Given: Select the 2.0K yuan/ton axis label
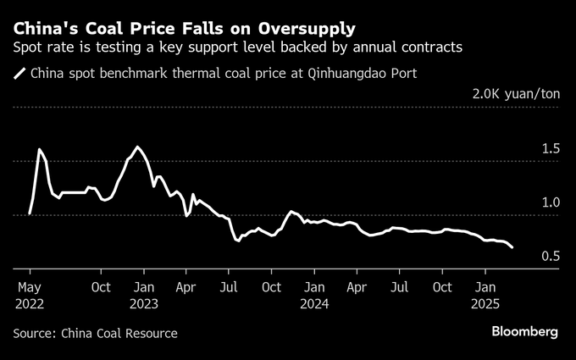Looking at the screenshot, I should click(515, 94).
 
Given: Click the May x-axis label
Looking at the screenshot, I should click(29, 286).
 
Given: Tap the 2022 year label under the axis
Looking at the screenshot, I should click(30, 302).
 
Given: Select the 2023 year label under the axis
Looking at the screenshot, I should click(144, 302).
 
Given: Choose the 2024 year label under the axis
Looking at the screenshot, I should click(315, 302).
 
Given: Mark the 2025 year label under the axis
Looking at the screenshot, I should click(486, 302).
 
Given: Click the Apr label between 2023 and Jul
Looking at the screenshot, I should click(186, 286).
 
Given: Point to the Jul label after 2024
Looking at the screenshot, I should click(398, 286).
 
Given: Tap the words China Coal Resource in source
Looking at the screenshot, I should click(119, 333).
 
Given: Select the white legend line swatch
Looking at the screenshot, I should click(19, 74).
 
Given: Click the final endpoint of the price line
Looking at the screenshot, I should click(512, 247).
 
